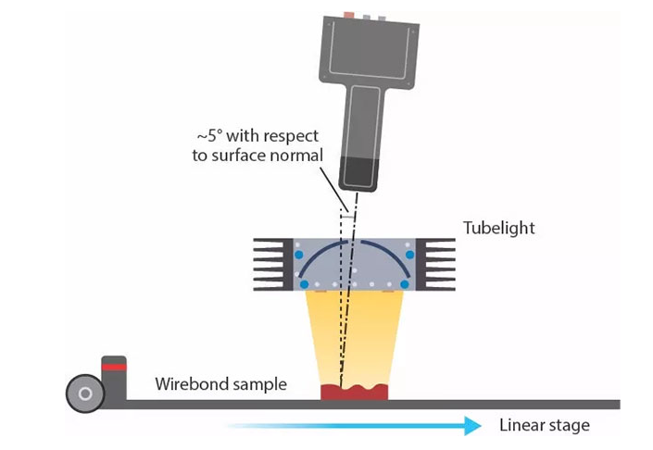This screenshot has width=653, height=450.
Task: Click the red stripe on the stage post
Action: (114, 367)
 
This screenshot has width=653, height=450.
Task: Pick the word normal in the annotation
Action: (300, 156)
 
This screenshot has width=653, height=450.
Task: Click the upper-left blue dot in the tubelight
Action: (299, 254)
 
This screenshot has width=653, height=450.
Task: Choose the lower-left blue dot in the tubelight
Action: (303, 283)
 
